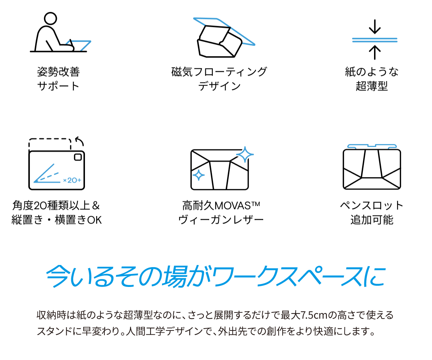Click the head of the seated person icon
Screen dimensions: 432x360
click(50, 18)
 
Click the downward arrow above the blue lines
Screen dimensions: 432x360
click(374, 27)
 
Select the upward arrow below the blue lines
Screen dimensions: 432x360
click(374, 52)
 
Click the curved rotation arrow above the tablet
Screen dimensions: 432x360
click(80, 141)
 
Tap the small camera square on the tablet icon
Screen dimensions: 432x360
click(78, 157)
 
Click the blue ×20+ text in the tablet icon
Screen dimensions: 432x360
click(72, 180)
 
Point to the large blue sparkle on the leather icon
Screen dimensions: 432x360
click(245, 154)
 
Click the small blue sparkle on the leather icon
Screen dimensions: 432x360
click(199, 175)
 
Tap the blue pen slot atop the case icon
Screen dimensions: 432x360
click(372, 146)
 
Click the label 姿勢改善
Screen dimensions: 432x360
click(58, 72)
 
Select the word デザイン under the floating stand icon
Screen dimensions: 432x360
click(219, 86)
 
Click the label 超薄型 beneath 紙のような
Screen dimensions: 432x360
click(372, 86)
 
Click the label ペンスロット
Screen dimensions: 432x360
click(372, 206)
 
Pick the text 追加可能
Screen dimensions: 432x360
click(372, 220)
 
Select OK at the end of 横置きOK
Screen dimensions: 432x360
click(94, 220)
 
